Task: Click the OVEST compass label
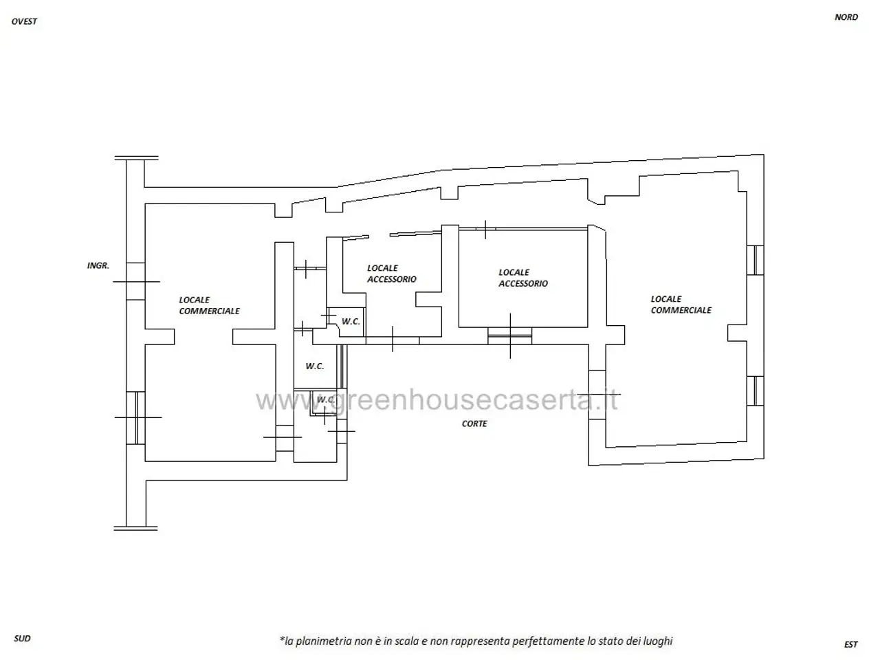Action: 24,21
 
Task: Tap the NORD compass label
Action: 846,17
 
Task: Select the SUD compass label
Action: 22,638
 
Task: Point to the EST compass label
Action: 850,644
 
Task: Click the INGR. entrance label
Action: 98,265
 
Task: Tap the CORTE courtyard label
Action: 474,423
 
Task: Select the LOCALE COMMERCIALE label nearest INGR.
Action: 209,305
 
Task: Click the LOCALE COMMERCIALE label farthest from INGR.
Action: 681,305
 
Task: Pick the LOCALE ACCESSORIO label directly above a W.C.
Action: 392,274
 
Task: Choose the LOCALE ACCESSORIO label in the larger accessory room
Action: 522,278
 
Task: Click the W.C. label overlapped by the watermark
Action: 326,399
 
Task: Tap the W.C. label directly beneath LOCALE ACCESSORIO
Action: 351,321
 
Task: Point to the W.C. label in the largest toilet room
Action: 315,366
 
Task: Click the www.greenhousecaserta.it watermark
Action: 437,400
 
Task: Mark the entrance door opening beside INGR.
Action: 135,281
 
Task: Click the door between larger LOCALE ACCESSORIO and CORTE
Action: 510,335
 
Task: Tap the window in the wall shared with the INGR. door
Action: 136,417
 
